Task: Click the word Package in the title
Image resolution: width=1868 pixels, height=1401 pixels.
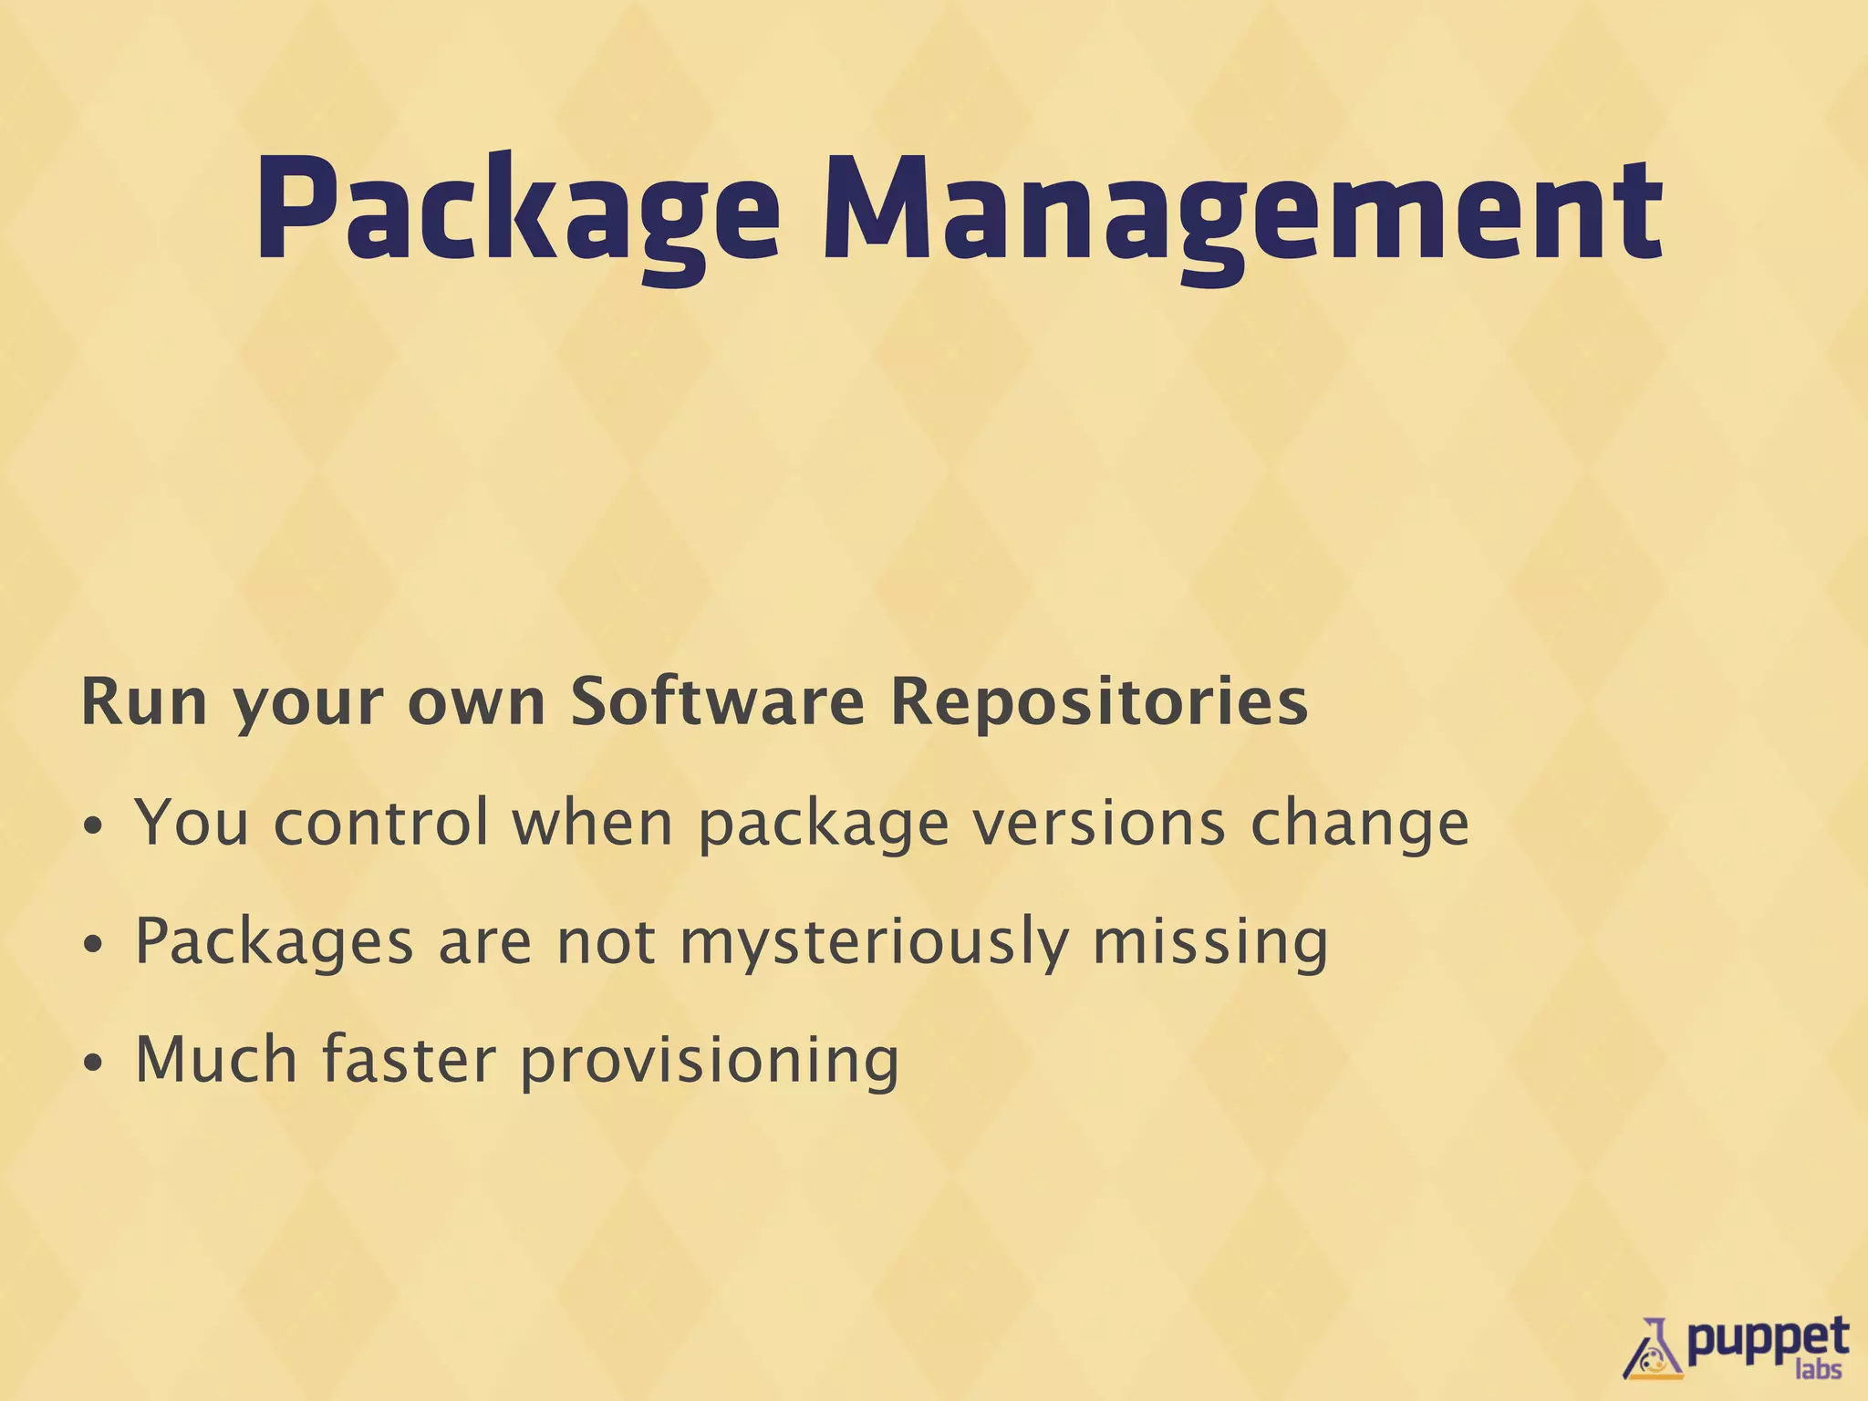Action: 516,212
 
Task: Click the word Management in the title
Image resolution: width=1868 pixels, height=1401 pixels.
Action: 1242,212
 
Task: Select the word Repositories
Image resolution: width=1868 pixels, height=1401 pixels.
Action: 1098,704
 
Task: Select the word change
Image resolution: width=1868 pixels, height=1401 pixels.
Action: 1359,825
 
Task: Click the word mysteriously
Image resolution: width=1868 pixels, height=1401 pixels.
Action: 874,944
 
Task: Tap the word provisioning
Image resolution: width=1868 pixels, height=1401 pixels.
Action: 710,1063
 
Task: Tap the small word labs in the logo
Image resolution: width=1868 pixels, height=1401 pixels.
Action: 1818,1371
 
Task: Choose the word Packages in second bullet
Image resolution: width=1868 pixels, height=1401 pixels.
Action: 274,944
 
